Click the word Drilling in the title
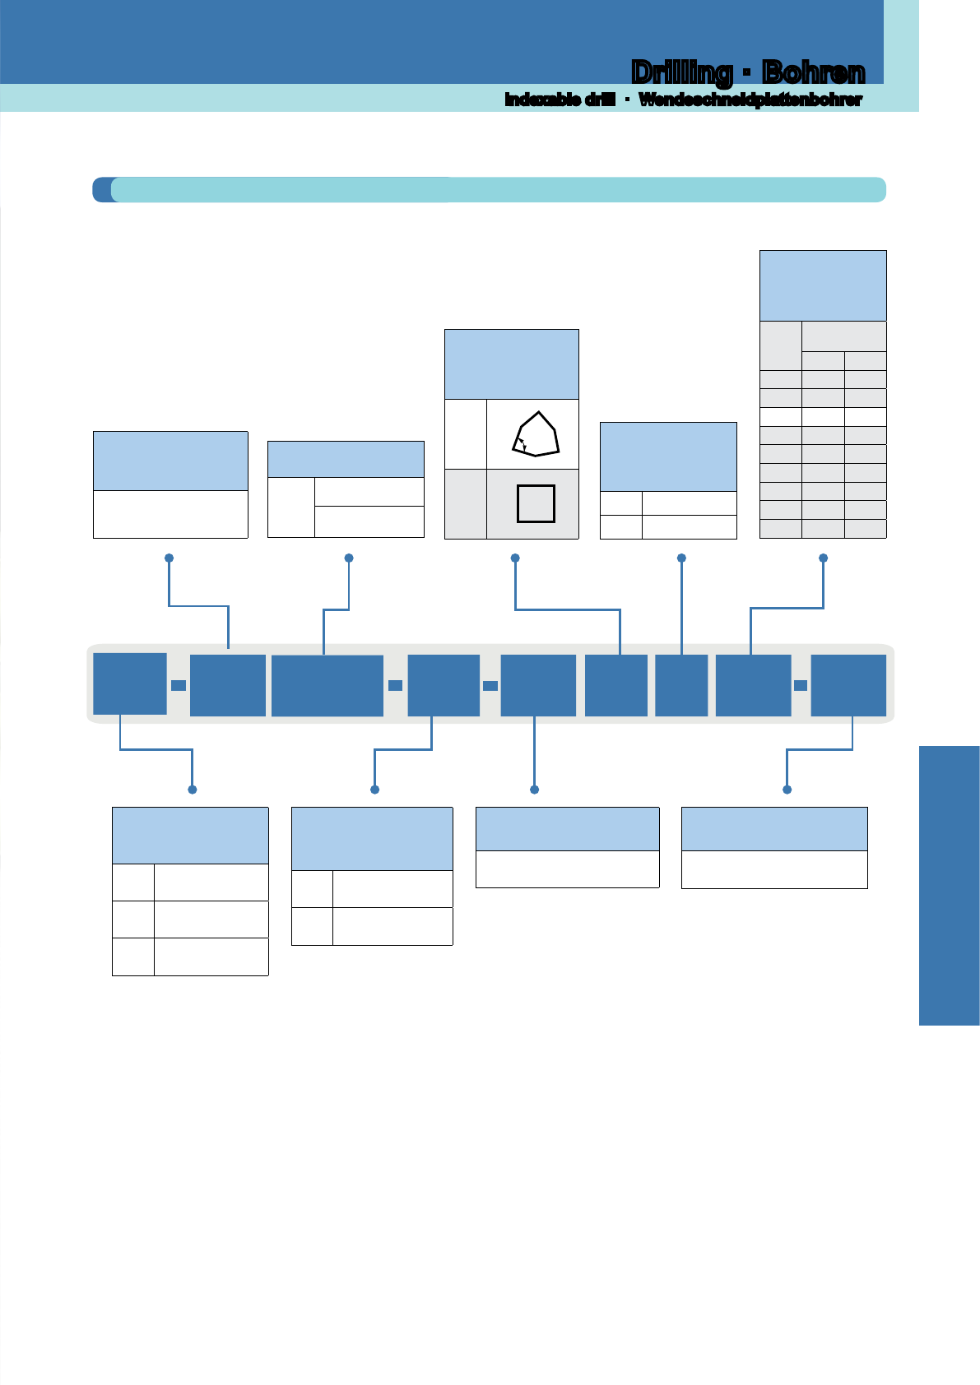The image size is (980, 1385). [681, 73]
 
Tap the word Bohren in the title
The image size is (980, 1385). [813, 72]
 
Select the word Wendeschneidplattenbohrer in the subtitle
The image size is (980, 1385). [750, 100]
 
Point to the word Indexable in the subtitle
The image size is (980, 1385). [542, 99]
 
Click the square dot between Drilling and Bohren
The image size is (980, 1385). [747, 73]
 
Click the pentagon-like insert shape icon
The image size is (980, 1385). [536, 434]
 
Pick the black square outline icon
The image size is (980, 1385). [536, 504]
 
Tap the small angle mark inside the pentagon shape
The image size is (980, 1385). [523, 443]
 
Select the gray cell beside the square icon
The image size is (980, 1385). [465, 504]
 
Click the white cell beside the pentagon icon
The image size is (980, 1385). [465, 434]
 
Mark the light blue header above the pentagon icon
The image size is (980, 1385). [512, 364]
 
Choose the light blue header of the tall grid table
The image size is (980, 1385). [823, 285]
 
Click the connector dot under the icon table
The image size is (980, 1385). [515, 558]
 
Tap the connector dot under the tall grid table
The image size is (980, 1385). [823, 558]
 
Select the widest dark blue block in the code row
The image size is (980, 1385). [327, 686]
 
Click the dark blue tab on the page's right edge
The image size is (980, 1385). [949, 886]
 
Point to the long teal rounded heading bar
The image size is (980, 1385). [489, 190]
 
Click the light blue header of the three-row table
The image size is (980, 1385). [190, 836]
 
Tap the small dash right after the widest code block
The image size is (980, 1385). [395, 685]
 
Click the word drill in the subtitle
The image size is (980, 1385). [600, 99]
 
